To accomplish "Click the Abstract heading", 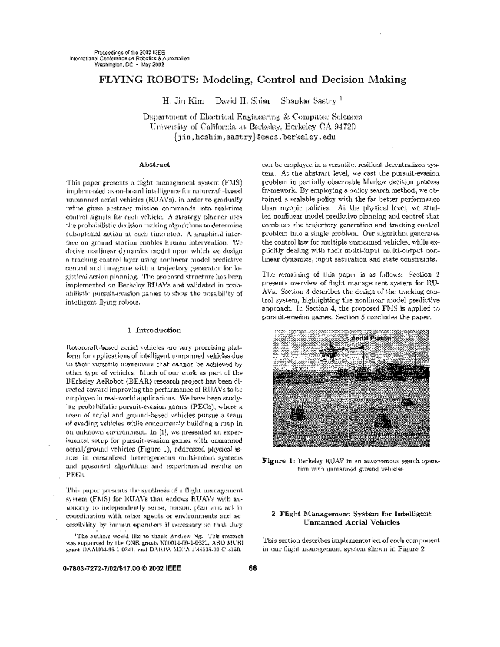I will coord(154,165).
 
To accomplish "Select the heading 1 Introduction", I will coord(154,330).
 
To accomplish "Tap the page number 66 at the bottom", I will coord(252,568).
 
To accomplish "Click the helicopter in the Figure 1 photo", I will coord(330,349).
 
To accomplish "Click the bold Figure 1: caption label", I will coord(278,461).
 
